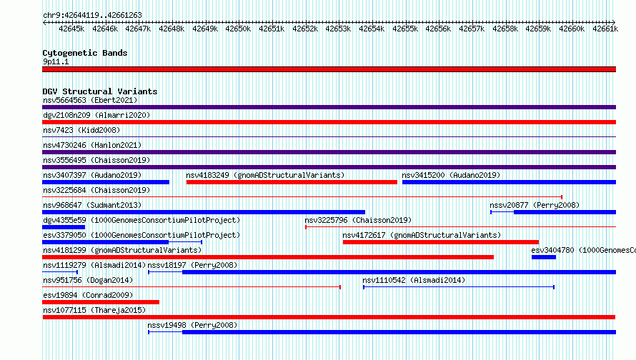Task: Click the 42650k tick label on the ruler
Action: click(x=238, y=29)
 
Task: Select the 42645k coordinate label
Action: click(x=71, y=29)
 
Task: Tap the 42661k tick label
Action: click(x=605, y=29)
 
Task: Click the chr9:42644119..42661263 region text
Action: click(x=92, y=16)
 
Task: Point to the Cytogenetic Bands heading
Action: click(x=85, y=53)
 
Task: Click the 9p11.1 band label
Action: click(x=56, y=61)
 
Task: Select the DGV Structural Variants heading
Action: click(x=100, y=91)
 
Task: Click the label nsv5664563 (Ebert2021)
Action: click(x=90, y=100)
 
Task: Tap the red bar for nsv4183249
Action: click(x=292, y=182)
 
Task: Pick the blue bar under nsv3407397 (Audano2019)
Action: click(x=106, y=182)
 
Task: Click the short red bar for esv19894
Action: click(x=101, y=302)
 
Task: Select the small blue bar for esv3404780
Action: click(x=544, y=257)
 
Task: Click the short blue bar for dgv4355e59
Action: click(x=64, y=227)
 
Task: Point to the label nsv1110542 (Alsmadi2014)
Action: click(x=414, y=280)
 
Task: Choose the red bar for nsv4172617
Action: click(x=441, y=242)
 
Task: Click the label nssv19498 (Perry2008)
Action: click(x=192, y=325)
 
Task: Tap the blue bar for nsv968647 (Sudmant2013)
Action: click(x=204, y=212)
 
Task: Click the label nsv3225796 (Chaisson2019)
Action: click(x=358, y=220)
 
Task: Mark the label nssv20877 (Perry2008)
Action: click(x=535, y=205)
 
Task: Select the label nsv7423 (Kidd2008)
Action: click(x=81, y=130)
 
